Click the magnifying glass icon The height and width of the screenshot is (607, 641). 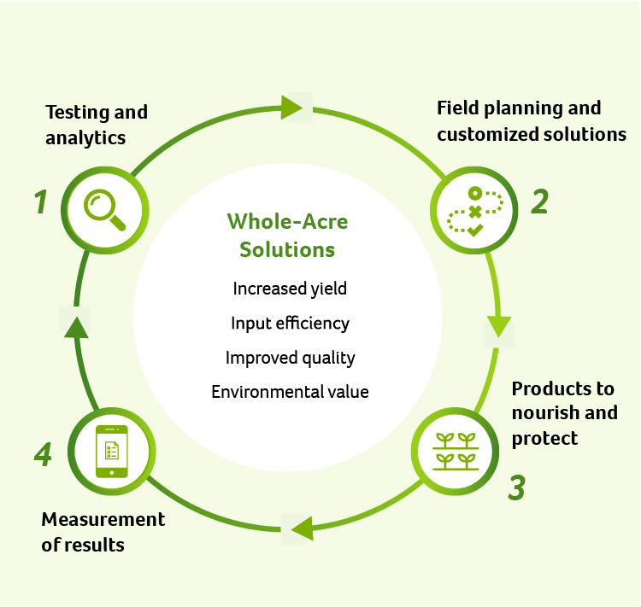104,210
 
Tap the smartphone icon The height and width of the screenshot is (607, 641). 112,452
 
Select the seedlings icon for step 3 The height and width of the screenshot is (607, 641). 456,452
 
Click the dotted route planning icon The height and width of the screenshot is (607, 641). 474,212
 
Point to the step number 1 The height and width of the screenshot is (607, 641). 40,201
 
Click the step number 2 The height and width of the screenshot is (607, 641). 539,201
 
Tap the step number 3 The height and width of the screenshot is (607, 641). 517,487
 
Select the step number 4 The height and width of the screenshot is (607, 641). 43,454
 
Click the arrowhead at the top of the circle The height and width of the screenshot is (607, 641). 291,108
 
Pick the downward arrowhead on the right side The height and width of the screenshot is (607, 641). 499,327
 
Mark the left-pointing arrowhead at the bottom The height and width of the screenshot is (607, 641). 302,529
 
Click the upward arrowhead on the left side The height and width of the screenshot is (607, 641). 76,328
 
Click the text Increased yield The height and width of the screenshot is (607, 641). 290,289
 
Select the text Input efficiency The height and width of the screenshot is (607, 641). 291,323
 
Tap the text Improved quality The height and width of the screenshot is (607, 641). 291,358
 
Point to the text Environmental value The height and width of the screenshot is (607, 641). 290,392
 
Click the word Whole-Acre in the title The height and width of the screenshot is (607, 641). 287,222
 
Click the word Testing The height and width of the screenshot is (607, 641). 77,114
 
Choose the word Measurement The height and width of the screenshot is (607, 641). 103,520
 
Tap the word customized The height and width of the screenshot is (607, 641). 485,134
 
